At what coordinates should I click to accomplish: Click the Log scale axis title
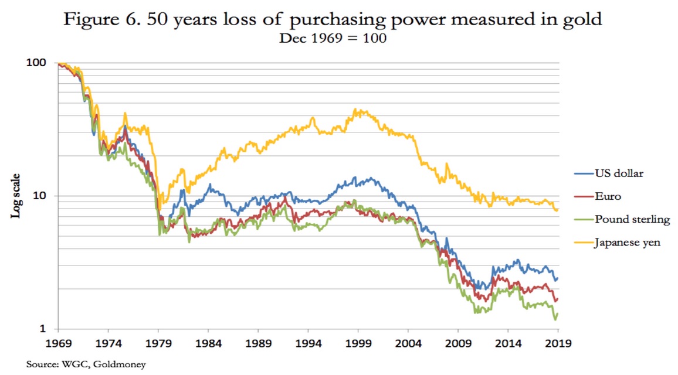click(18, 196)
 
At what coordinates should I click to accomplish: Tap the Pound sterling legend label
click(632, 219)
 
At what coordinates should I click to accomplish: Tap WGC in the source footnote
click(71, 364)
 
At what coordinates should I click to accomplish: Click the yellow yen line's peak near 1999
click(355, 109)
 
